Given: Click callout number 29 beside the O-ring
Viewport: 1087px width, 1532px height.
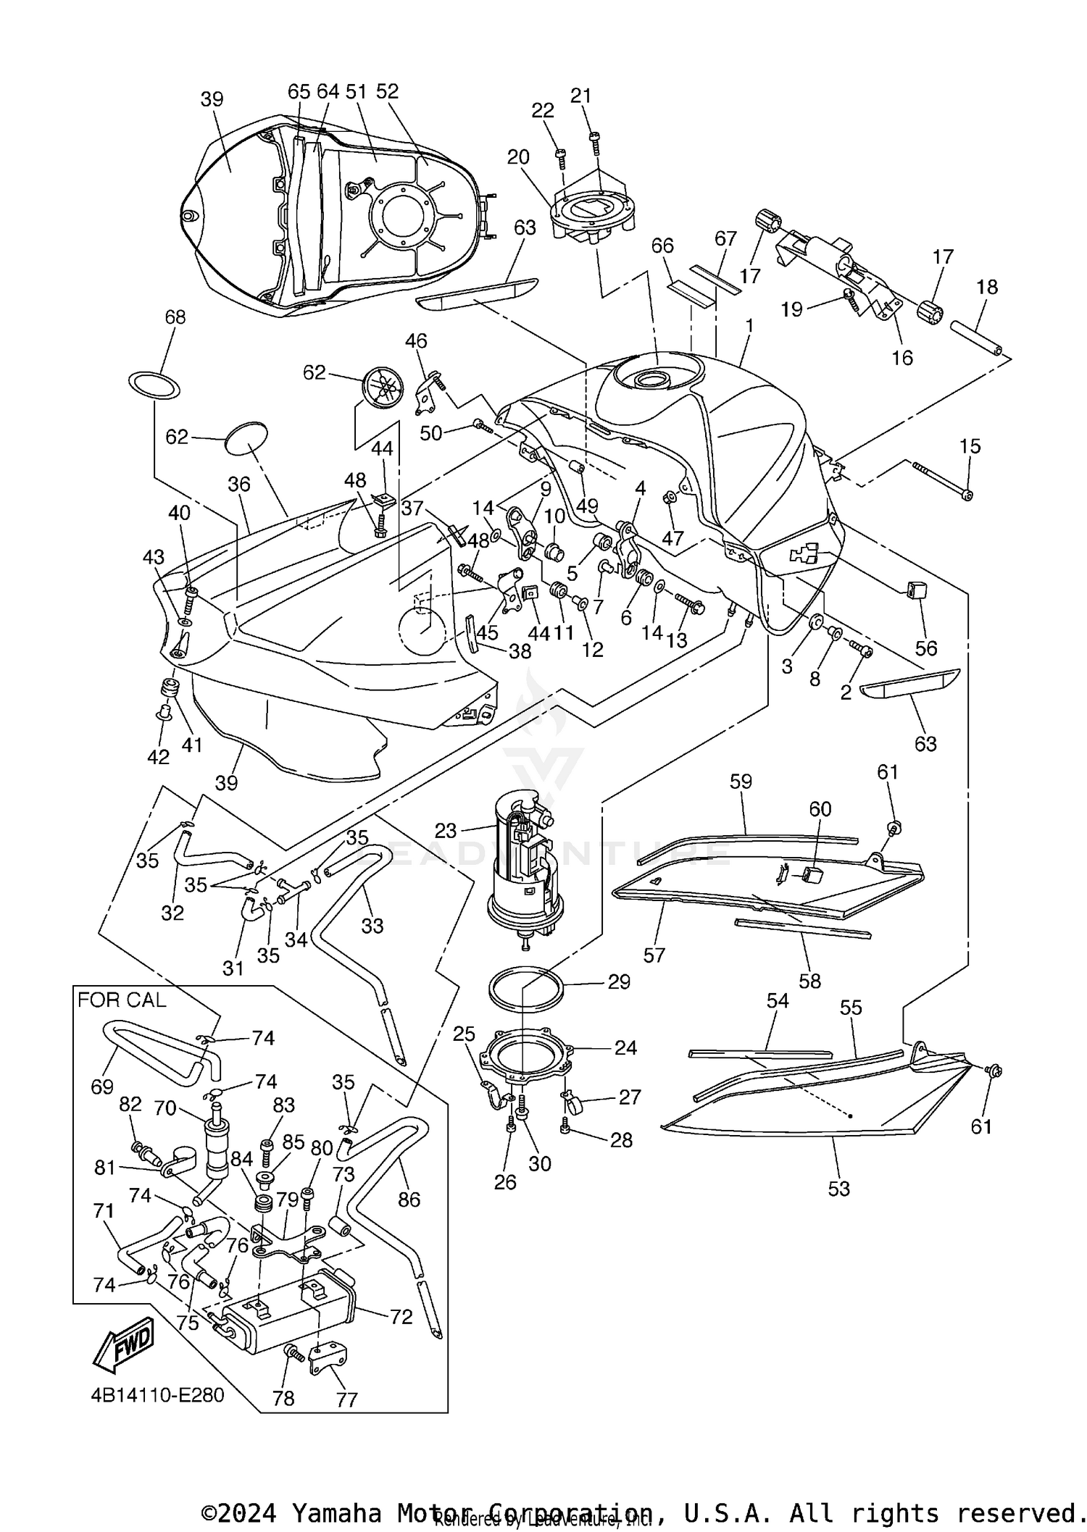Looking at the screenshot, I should (x=619, y=982).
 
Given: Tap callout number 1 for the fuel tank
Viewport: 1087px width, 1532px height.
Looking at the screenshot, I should (x=749, y=326).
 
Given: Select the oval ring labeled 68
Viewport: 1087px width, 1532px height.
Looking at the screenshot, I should (x=154, y=385).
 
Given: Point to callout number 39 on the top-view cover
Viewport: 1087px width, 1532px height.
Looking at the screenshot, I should (x=212, y=99).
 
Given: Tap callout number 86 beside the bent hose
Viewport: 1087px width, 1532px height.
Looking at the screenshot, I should (x=409, y=1200).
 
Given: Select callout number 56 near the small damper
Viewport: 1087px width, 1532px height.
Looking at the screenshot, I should (x=925, y=648).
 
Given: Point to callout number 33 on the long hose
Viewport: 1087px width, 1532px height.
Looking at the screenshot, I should (x=372, y=925).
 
